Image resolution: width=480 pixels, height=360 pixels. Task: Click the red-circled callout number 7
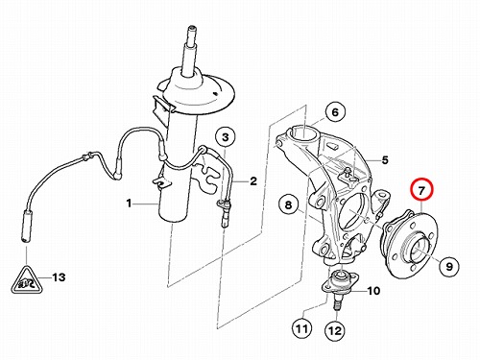pos(421,191)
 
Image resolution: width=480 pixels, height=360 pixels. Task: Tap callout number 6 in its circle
pos(335,112)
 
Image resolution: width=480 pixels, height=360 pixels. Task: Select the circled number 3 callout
pos(226,137)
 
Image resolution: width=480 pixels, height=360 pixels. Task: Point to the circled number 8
pos(289,204)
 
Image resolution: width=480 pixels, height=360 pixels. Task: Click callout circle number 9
pos(449,266)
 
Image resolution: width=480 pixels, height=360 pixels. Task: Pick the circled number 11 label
pos(302,328)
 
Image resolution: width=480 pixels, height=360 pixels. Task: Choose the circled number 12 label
pos(335,330)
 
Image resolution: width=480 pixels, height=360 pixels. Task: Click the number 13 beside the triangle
pos(59,277)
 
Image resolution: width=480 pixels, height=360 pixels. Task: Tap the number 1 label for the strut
pos(129,203)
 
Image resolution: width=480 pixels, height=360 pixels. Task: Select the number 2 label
pos(253,181)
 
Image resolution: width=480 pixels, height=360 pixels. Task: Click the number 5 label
pos(385,159)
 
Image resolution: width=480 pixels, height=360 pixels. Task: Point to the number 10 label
pos(373,291)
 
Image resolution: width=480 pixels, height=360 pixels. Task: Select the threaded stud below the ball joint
pos(338,303)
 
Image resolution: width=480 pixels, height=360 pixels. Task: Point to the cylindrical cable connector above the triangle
pos(26,227)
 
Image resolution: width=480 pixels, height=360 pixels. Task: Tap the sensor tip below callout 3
pos(225,221)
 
